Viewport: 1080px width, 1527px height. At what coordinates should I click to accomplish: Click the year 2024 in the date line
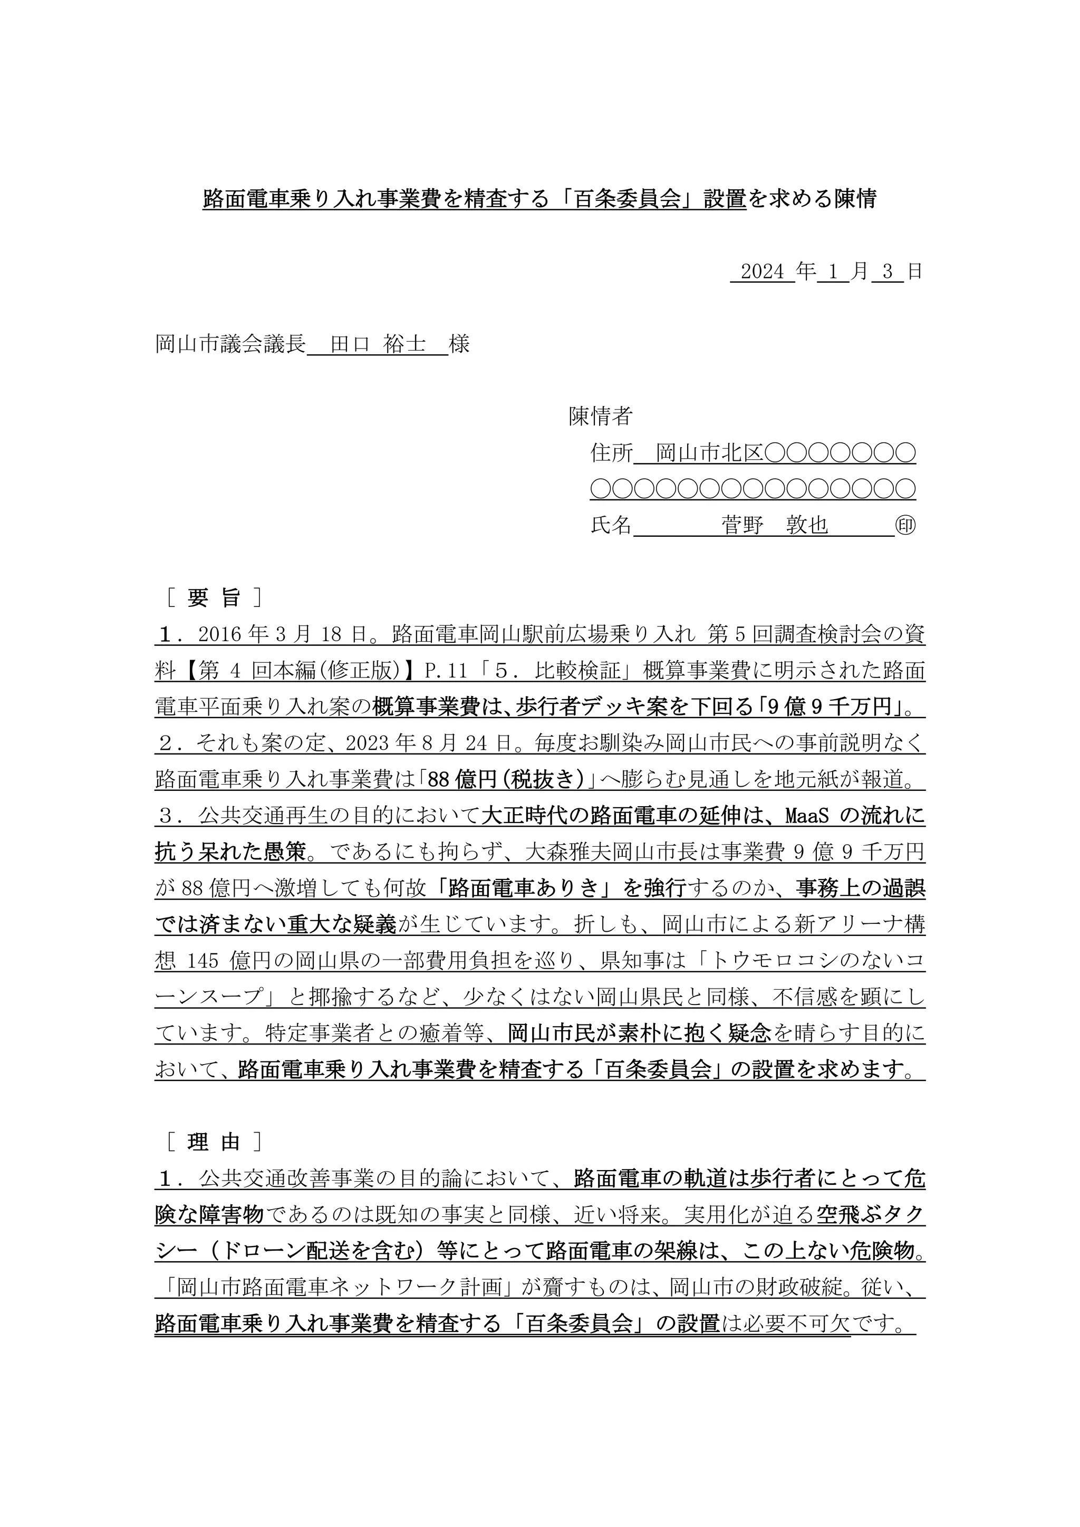click(762, 272)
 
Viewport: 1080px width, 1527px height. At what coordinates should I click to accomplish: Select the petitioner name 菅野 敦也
click(775, 525)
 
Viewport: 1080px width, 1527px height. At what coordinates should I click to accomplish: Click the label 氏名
click(611, 525)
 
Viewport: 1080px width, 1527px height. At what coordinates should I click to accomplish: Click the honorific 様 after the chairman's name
click(459, 344)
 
